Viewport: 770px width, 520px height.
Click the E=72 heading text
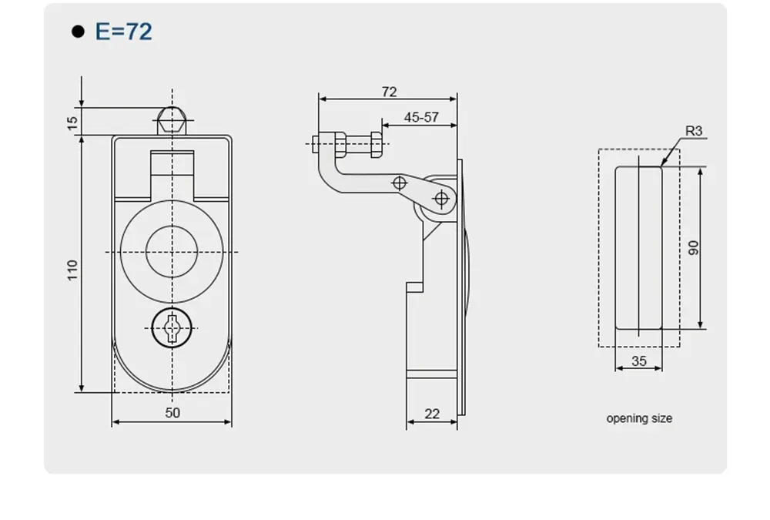pos(123,32)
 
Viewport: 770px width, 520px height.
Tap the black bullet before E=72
pos(77,32)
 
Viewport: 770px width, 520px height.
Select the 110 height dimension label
pos(72,270)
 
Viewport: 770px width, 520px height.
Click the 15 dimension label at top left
pos(72,122)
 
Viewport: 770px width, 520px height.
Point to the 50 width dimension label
pos(172,413)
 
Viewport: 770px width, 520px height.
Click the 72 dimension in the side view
pos(389,92)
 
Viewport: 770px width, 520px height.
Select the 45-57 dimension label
pos(420,117)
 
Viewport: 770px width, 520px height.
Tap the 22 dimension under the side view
pos(432,414)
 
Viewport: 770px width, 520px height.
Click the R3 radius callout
pos(694,131)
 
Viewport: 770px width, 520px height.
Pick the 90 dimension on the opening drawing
pos(693,248)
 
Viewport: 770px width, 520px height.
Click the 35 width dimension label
pos(638,361)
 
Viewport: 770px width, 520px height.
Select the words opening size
pos(639,418)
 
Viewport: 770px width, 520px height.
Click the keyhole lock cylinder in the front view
pos(172,329)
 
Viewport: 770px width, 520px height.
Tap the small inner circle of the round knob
pos(172,252)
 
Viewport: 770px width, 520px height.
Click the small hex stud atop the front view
pos(172,121)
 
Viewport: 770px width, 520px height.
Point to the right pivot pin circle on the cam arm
pos(440,199)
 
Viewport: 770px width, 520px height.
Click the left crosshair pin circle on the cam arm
pos(399,183)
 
